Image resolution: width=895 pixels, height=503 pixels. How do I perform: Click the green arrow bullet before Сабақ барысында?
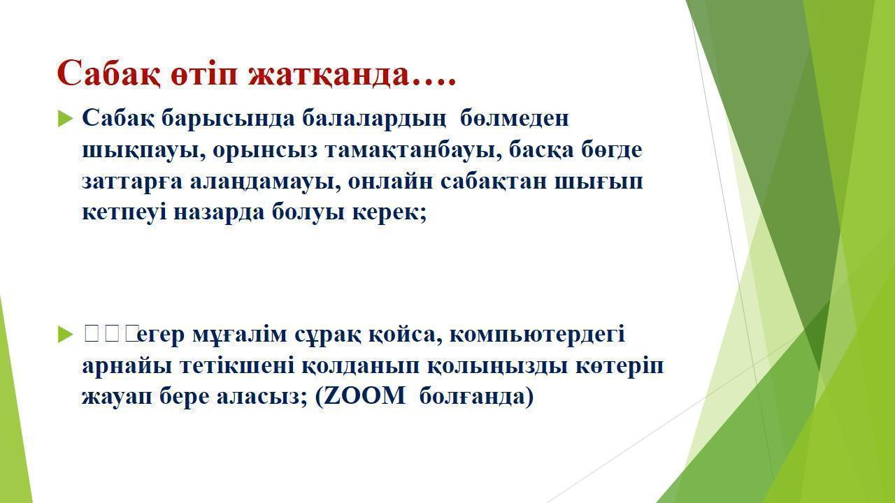tap(66, 119)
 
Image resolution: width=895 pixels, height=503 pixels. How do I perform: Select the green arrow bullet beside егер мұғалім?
tap(66, 335)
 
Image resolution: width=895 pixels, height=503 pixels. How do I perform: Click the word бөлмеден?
tap(514, 118)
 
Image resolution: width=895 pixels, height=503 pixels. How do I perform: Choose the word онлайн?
tap(390, 182)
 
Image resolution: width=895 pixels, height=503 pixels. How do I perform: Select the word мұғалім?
tap(239, 335)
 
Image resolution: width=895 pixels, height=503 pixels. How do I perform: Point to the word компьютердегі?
tap(537, 335)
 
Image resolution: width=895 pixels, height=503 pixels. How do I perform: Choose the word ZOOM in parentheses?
tap(364, 397)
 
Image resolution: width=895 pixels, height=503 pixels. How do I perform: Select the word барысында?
tap(228, 119)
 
